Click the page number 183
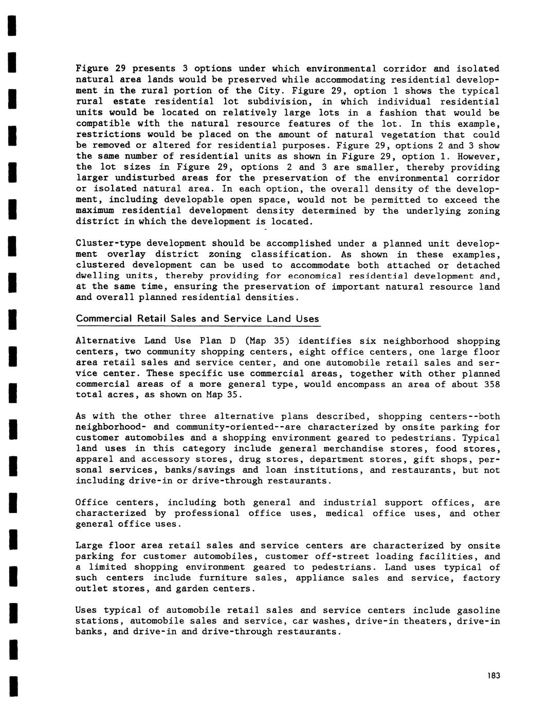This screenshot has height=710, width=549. (494, 676)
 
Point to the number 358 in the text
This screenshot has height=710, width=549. (491, 384)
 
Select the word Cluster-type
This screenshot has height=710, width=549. (108, 244)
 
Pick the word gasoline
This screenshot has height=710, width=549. (478, 611)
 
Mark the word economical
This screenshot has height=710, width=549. (314, 276)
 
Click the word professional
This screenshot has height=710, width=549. (207, 513)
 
